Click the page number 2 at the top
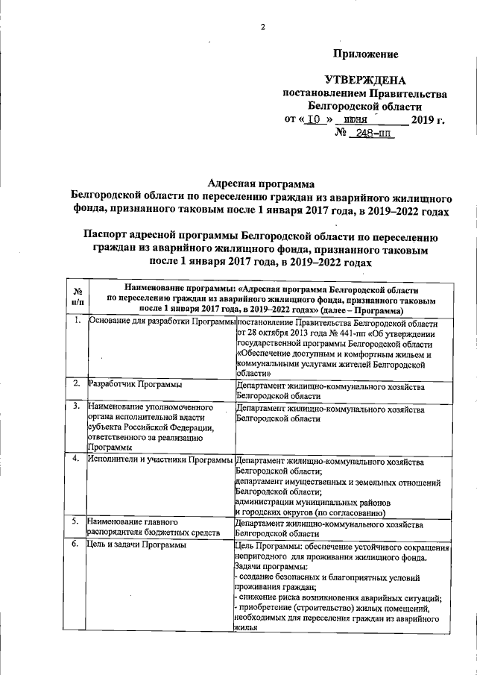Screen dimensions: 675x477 (x=262, y=28)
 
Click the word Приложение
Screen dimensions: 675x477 (x=365, y=54)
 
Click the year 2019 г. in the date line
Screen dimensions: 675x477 (x=427, y=119)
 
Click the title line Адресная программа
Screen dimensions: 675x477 (x=259, y=183)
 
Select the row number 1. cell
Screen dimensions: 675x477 (x=77, y=321)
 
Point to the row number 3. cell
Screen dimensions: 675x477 (x=77, y=407)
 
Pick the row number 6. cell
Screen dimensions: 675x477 (x=77, y=545)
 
